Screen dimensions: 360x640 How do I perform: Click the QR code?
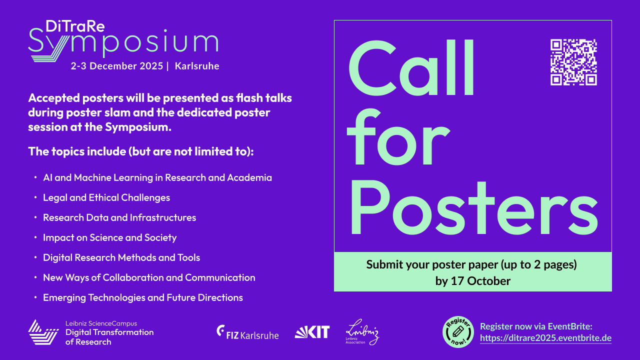573,62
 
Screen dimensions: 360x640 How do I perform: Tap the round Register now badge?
458,332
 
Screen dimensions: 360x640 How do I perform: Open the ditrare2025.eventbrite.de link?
545,338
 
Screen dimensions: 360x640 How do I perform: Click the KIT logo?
312,332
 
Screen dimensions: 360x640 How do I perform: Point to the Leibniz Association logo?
362,332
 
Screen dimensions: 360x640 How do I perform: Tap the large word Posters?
472,205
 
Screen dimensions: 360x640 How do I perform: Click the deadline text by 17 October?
472,281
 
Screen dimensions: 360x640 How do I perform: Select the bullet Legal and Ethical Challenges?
106,197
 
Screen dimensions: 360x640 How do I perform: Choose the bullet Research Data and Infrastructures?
119,217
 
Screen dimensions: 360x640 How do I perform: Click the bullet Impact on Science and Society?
110,237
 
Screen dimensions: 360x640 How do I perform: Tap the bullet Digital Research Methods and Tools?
121,257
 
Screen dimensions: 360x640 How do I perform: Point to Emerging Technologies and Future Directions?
143,297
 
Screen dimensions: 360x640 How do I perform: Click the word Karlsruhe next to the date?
197,66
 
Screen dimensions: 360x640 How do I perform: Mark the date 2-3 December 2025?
116,66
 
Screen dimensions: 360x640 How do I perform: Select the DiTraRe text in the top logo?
75,26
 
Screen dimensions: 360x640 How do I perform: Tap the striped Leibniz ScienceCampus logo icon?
43,332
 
